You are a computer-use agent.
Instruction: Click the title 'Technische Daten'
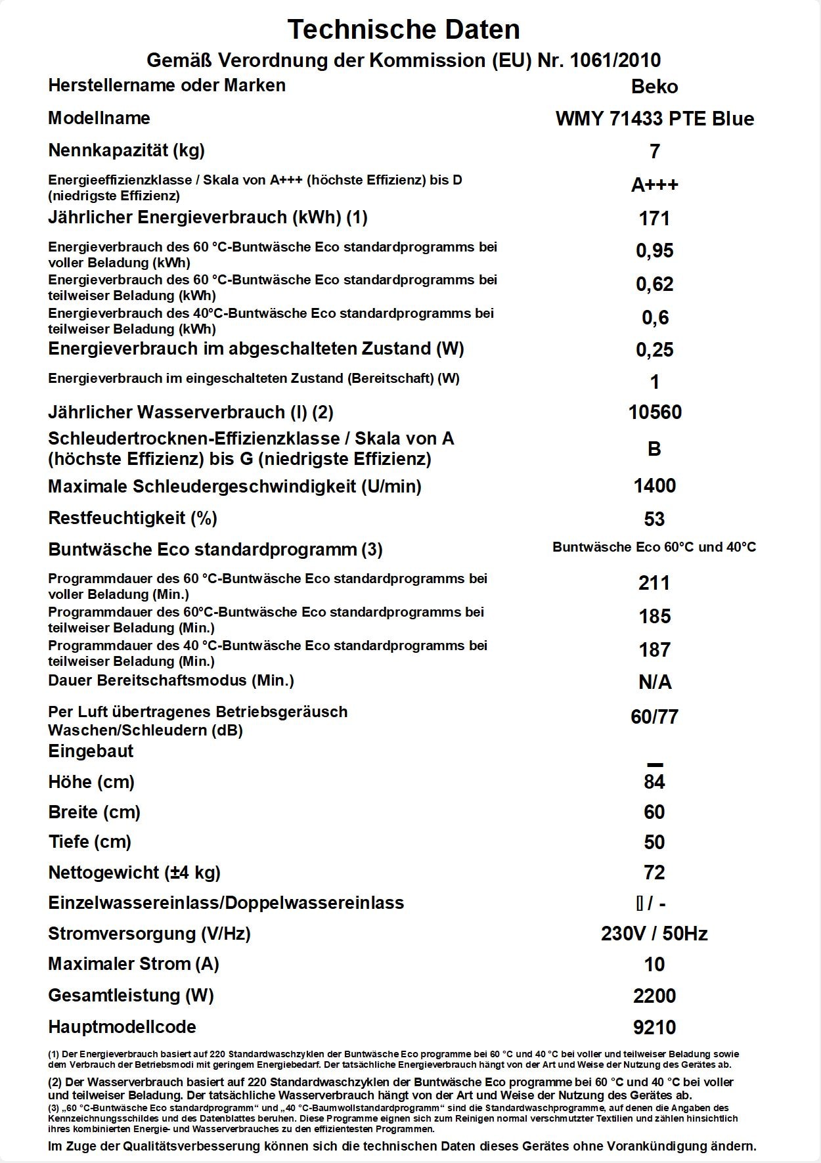pos(403,30)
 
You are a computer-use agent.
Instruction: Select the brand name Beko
pos(654,87)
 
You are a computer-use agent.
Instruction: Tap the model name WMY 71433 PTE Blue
pos(654,119)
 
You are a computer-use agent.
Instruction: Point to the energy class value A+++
pos(654,185)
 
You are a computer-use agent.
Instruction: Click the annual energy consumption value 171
pos(654,218)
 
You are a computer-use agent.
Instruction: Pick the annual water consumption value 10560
pos(654,412)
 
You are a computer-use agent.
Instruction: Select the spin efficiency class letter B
pos(654,449)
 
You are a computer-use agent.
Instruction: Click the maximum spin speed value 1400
pos(654,486)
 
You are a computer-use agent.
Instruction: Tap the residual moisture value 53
pos(654,519)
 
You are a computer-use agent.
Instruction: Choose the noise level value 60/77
pos(654,717)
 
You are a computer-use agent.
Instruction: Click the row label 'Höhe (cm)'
pos(91,782)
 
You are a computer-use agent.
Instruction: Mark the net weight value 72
pos(654,873)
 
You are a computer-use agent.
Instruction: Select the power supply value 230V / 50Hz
pos(654,934)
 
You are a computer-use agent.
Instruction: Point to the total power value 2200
pos(654,996)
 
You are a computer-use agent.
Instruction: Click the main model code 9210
pos(654,1028)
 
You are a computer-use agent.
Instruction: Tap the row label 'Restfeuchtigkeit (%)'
pos(133,518)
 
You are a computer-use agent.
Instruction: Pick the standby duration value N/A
pos(654,683)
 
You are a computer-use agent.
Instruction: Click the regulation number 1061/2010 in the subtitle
pos(615,60)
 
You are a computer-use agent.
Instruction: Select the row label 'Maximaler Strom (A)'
pos(133,964)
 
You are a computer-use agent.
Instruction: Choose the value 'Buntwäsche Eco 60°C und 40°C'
pos(654,547)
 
